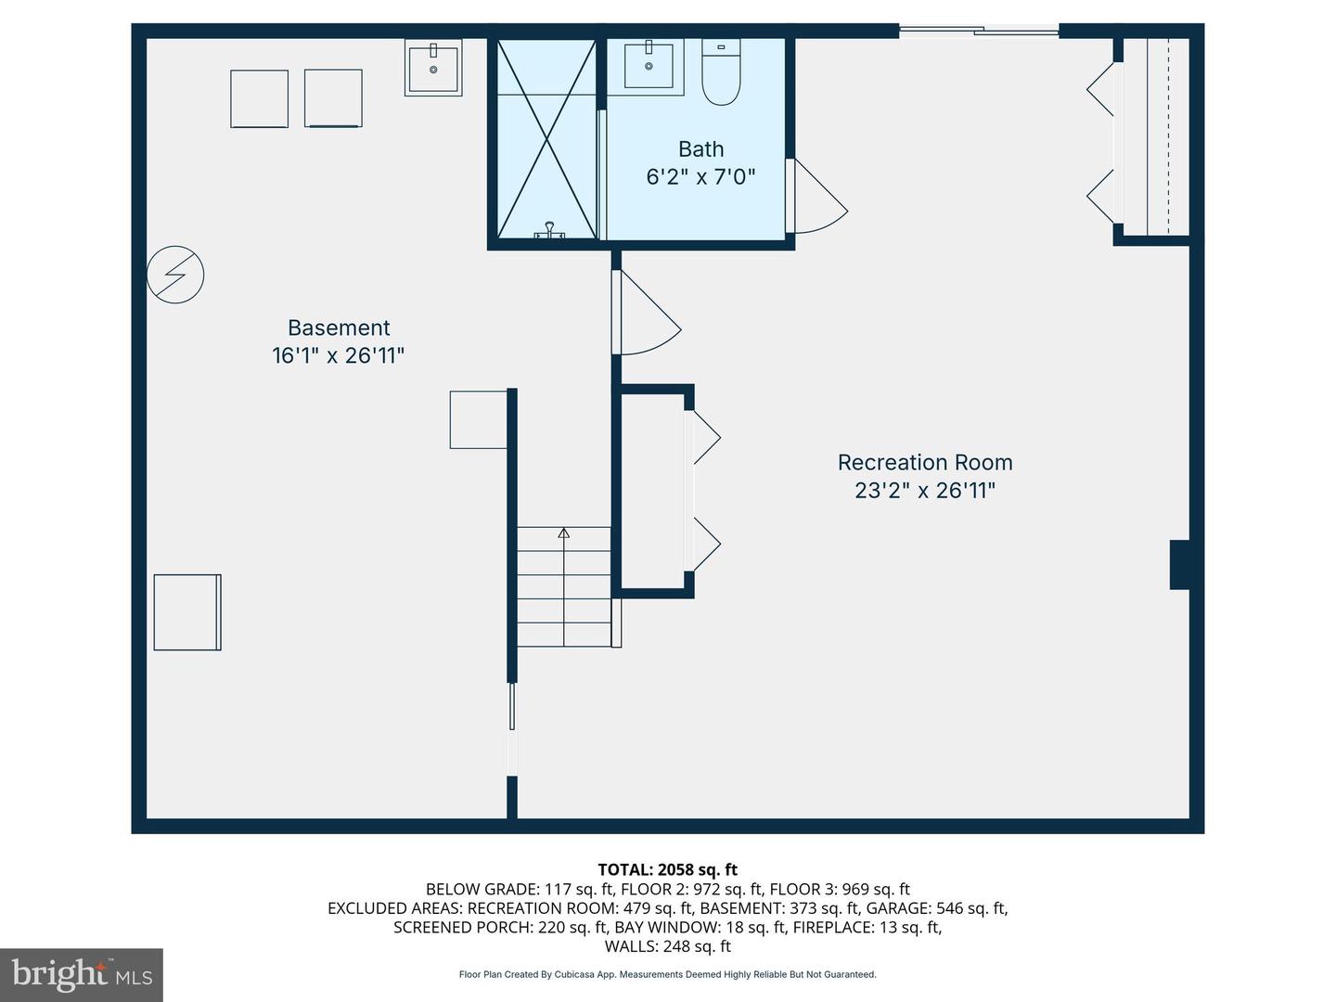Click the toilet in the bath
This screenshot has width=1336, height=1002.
(721, 71)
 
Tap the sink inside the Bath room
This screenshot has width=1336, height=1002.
(649, 66)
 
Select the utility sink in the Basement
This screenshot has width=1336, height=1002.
(433, 67)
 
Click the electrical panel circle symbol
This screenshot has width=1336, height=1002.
(175, 275)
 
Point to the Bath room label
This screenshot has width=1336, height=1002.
(700, 149)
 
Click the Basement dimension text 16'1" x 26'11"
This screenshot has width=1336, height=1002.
(339, 356)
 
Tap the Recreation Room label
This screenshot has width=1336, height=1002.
(925, 462)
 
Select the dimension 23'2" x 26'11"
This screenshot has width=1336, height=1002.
(925, 491)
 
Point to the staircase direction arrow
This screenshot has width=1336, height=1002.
(563, 587)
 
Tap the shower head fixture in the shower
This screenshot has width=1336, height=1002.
(549, 230)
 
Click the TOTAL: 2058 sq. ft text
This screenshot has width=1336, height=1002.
(668, 869)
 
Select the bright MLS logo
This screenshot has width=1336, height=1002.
(82, 974)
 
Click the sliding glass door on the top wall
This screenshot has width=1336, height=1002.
(979, 31)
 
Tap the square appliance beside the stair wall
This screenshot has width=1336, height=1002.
(479, 419)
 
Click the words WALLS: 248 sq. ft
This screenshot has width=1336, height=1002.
(668, 946)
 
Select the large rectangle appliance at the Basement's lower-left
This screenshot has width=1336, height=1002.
(187, 612)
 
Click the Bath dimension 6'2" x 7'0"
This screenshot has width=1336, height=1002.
(700, 177)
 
